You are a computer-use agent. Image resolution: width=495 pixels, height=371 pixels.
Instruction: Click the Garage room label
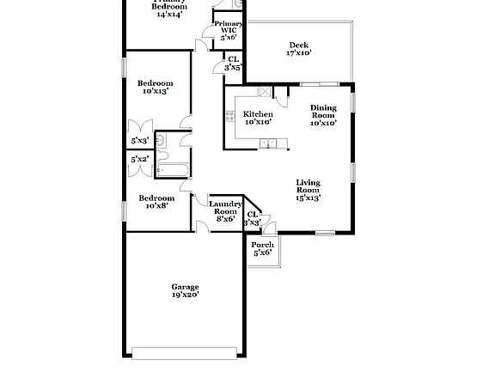point(185,287)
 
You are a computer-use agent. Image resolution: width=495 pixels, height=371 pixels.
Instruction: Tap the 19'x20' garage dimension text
point(185,295)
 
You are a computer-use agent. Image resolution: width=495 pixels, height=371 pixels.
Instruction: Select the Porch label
point(262,245)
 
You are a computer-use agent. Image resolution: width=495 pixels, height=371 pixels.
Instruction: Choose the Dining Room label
point(323,111)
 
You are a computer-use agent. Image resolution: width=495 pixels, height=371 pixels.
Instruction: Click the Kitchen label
point(258,114)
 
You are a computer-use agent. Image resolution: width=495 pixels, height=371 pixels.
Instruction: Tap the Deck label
point(298,45)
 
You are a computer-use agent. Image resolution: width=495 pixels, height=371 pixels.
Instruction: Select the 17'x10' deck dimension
point(298,53)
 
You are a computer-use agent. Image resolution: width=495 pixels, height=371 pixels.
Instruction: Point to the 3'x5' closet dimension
point(233,67)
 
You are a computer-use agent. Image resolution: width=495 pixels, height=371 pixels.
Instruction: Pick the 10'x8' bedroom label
point(156,206)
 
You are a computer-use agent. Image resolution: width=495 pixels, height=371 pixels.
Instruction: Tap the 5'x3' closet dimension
point(139,140)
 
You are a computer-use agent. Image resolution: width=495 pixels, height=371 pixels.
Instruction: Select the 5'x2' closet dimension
point(139,160)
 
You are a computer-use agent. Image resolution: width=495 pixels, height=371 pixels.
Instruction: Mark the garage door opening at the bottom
point(185,350)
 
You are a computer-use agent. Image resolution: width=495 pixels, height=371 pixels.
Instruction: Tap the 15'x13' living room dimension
point(309,198)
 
